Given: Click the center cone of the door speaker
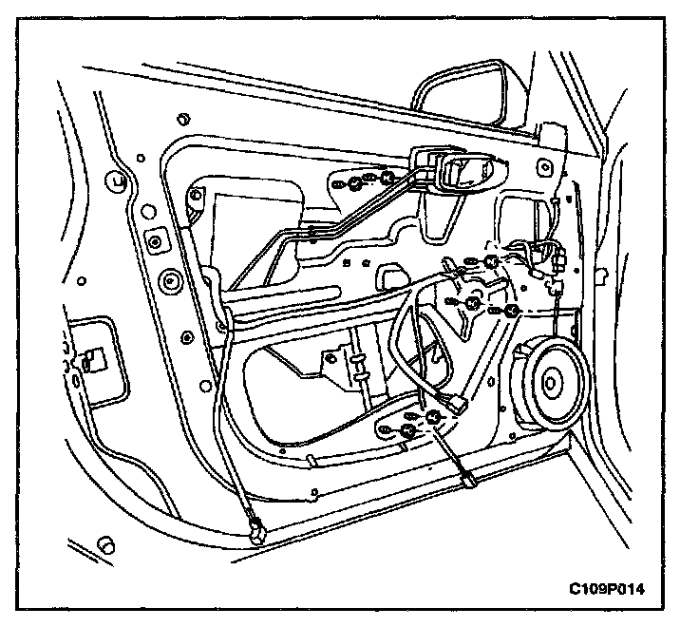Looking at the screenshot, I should (x=552, y=384).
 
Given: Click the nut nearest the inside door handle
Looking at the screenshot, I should (x=387, y=178).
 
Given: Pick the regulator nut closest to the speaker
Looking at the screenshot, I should (x=511, y=311).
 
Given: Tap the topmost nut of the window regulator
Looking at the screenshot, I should (x=492, y=260).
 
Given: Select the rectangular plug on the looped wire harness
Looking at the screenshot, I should (x=460, y=403).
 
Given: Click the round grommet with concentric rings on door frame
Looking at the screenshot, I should (x=172, y=280).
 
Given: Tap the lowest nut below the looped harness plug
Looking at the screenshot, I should (x=407, y=432).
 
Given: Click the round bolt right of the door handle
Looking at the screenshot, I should (x=544, y=168).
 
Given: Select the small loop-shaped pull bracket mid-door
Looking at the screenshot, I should (x=387, y=276).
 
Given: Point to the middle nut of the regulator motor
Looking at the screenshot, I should (x=472, y=303).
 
